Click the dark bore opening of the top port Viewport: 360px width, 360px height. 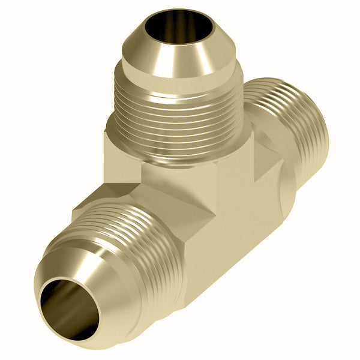(170, 27)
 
